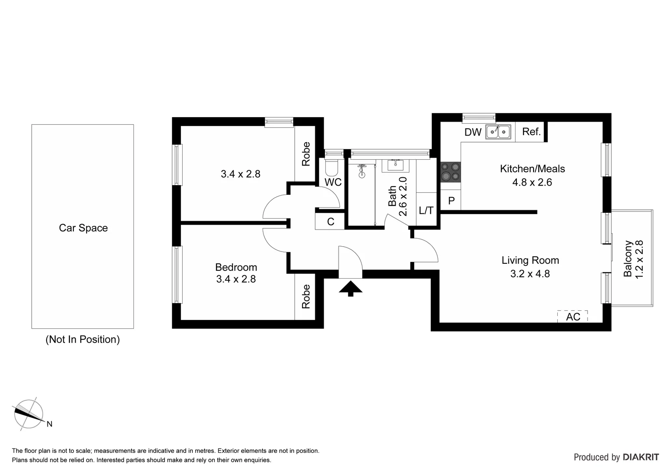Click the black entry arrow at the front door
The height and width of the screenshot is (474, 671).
(350, 288)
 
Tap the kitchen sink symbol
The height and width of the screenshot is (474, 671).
(498, 132)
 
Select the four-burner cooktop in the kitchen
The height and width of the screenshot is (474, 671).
(451, 172)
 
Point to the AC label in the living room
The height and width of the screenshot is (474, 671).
(573, 316)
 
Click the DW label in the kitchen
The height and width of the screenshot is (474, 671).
(473, 132)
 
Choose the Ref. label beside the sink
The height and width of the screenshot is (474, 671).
(531, 132)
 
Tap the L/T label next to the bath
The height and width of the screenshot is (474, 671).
(426, 211)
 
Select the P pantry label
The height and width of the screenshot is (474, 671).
(451, 201)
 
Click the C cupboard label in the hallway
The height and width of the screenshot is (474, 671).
(331, 222)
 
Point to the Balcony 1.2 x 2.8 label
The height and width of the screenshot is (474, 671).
(633, 259)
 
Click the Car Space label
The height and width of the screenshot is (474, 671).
(83, 228)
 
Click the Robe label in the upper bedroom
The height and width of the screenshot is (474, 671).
(306, 154)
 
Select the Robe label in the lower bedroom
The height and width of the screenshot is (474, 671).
(306, 297)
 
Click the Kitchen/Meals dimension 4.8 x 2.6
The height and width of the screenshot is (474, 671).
(532, 182)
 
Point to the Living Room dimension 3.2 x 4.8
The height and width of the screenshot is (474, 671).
(530, 274)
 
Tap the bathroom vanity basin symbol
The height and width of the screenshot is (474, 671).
(395, 165)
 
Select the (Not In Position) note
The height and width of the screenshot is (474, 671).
(83, 339)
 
